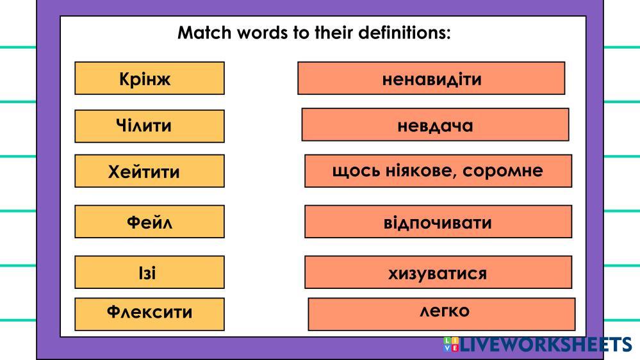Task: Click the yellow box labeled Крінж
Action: point(149,78)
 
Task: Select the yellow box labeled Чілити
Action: point(149,126)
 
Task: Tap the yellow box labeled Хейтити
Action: point(149,171)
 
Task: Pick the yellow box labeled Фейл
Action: point(149,222)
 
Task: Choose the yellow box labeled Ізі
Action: point(149,272)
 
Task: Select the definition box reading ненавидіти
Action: point(431,78)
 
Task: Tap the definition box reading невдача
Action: point(435,124)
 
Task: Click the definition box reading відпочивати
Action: point(438,222)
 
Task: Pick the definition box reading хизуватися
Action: point(438,273)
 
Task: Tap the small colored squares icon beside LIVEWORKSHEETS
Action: point(451,344)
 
